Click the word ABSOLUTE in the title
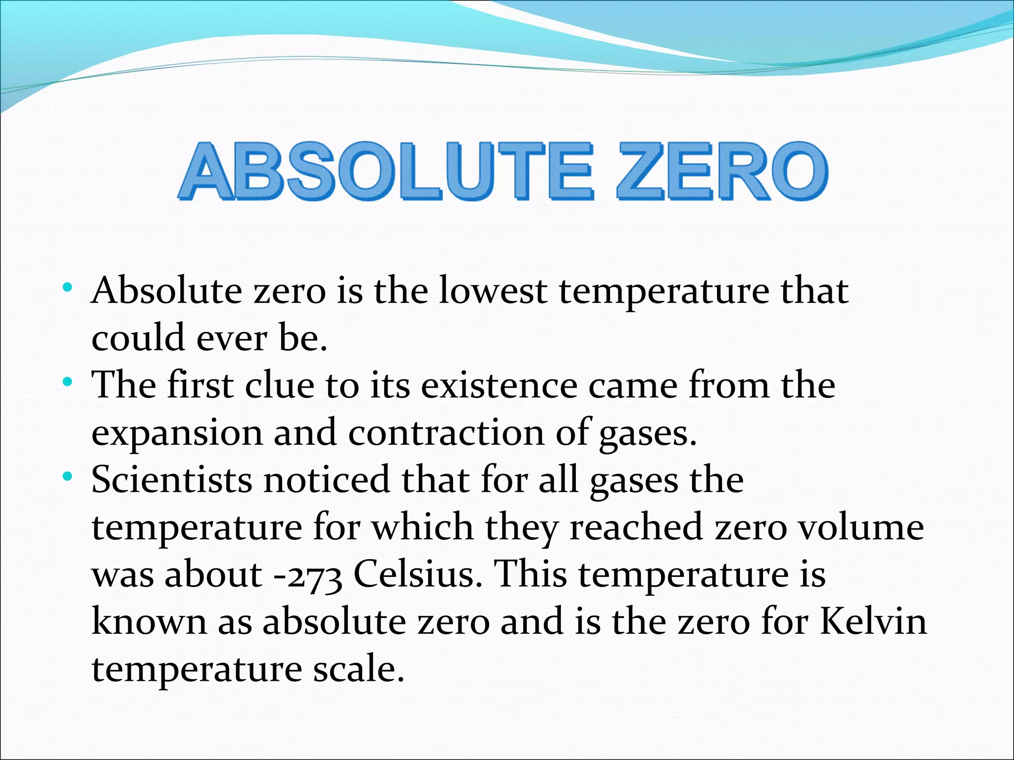(x=386, y=172)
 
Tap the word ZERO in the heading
(x=722, y=172)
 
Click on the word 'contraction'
(x=446, y=432)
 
